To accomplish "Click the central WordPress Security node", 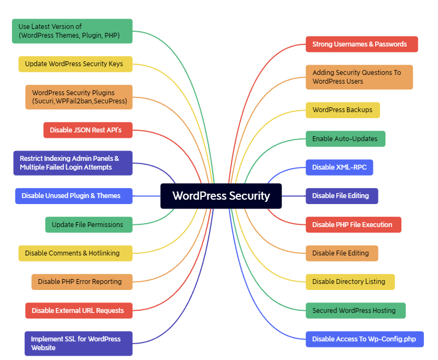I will tap(221, 196).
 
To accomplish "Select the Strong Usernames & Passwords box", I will tap(361, 44).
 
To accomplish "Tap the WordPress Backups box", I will tap(342, 110).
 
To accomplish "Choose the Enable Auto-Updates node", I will tap(345, 139).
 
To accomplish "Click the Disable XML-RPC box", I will tap(339, 167).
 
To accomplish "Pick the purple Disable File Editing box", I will tap(341, 196).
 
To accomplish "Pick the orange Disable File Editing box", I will tap(341, 253).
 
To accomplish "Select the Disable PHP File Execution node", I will tap(353, 225).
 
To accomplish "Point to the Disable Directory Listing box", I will tap(349, 282).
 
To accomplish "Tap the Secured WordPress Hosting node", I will tap(355, 311).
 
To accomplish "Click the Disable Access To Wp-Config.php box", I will tap(364, 339).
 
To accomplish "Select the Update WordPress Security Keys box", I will tap(74, 64).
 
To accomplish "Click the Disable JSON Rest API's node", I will tap(87, 130).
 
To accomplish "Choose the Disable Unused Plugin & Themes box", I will tap(74, 196).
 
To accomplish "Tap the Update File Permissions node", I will tap(88, 225).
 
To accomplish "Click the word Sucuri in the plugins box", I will tap(45, 101).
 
